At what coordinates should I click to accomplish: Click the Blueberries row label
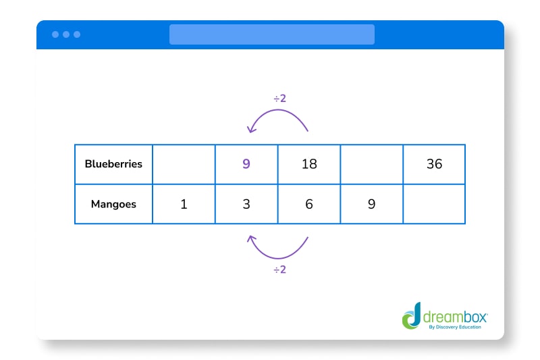(x=113, y=163)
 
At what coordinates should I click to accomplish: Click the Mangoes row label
(x=113, y=203)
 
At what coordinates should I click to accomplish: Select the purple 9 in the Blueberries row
(x=246, y=163)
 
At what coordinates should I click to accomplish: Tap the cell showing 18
(x=309, y=163)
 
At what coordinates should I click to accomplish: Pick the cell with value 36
(x=434, y=163)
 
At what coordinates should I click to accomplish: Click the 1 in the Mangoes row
(x=184, y=203)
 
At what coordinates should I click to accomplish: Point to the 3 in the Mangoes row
(x=246, y=203)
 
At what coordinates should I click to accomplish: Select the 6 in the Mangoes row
(x=309, y=203)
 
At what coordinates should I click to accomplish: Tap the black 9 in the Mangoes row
(x=371, y=203)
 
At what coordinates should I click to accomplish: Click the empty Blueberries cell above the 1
(x=184, y=163)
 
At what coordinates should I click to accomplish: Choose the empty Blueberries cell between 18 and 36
(x=371, y=163)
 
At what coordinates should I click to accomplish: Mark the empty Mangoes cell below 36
(x=434, y=203)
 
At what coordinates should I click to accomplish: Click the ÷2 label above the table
(x=279, y=99)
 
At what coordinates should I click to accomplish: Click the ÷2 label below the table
(x=279, y=269)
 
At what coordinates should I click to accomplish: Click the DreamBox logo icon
(x=411, y=316)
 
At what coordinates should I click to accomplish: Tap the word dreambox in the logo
(x=454, y=315)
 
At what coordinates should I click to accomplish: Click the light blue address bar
(x=271, y=34)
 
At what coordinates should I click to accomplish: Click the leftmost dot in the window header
(x=55, y=34)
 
